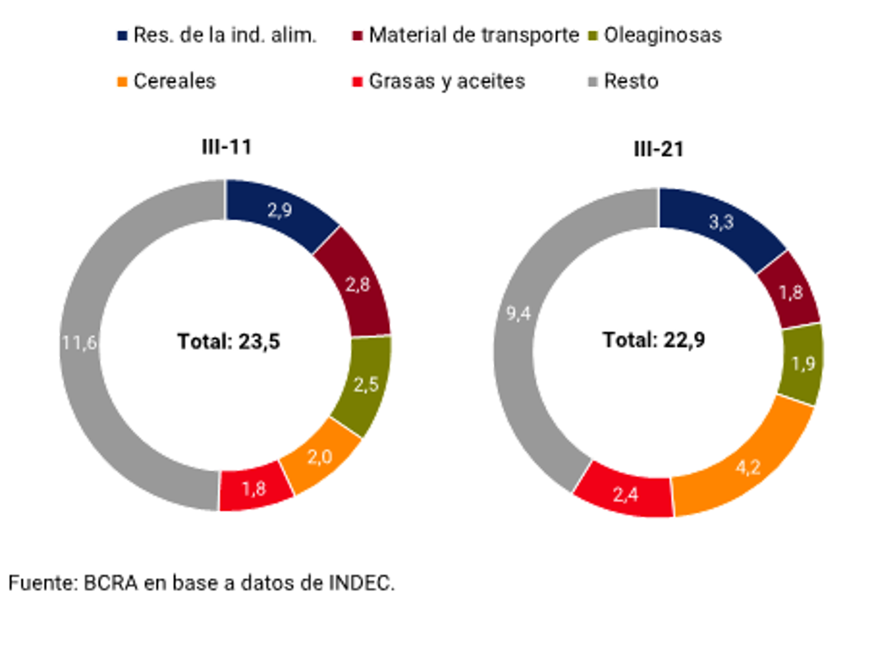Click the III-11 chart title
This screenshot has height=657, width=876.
pos(227,147)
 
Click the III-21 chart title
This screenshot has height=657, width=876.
pos(659,149)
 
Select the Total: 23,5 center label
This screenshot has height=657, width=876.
pos(229,341)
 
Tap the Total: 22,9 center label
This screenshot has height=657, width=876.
pos(654,340)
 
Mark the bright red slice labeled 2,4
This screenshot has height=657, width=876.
pos(626,495)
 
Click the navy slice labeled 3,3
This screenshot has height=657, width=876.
pos(721,222)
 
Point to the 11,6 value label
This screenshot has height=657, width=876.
pos(79,343)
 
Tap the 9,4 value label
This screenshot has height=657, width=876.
pos(518,314)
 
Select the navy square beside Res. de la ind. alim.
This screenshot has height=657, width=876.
pos(122,36)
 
